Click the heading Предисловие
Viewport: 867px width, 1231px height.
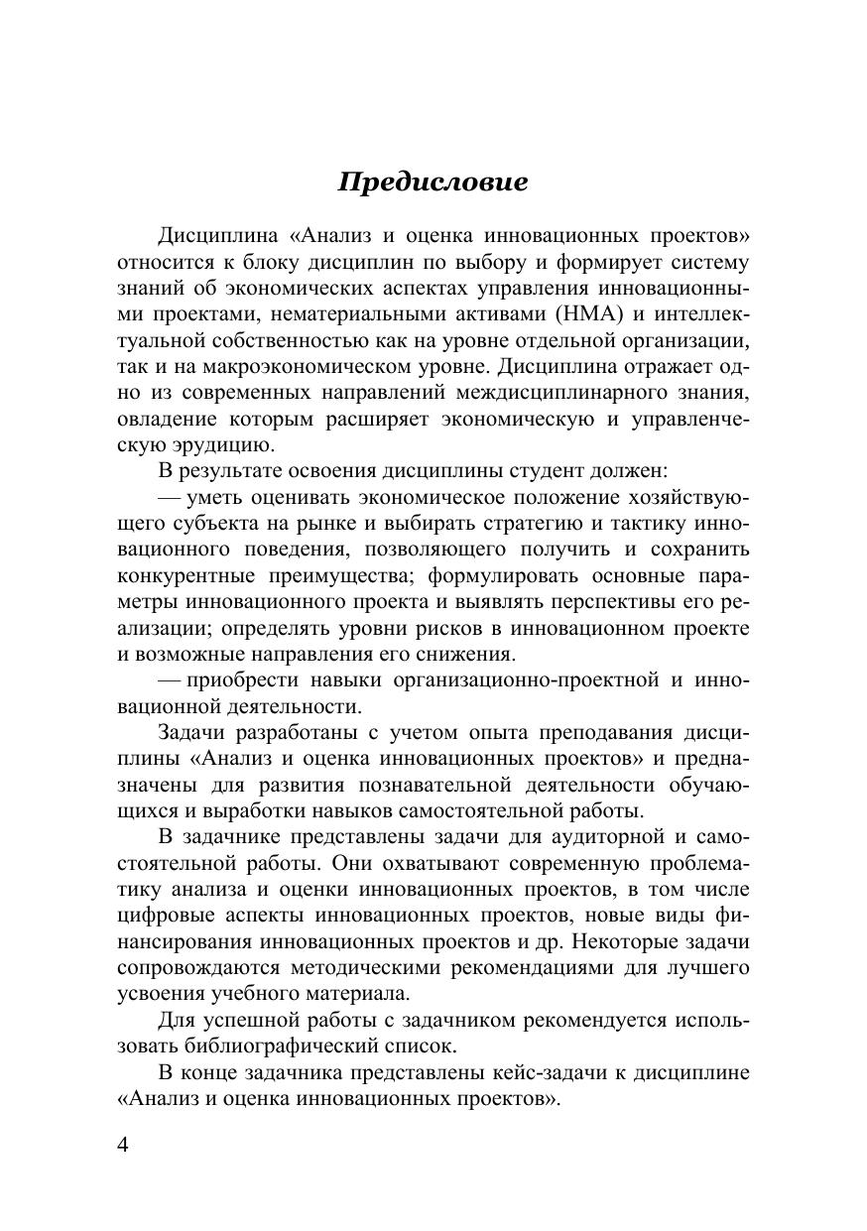pos(433,183)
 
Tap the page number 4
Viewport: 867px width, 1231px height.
pos(123,1145)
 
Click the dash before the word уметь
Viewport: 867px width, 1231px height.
pos(168,497)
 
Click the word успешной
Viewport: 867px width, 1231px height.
pos(245,1020)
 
